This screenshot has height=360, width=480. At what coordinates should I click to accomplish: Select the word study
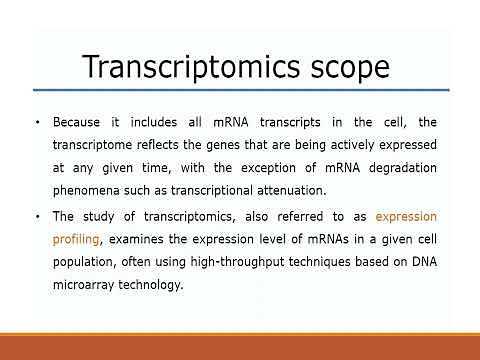[102, 217]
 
